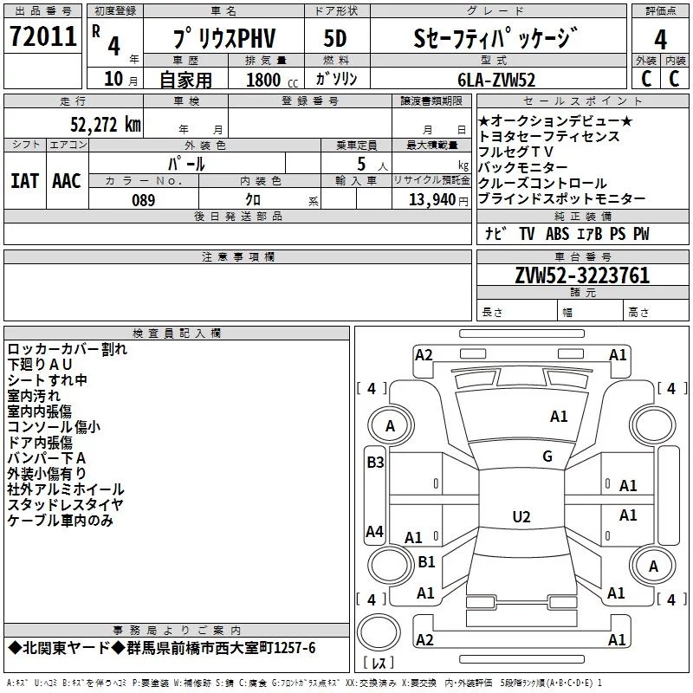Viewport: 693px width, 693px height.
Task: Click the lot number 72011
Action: [x=42, y=36]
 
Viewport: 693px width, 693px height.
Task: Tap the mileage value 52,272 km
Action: [x=106, y=125]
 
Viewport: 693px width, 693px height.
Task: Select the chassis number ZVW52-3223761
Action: [x=582, y=275]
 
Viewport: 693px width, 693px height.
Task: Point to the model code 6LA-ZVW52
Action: [x=496, y=80]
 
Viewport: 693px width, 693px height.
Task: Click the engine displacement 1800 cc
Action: [x=272, y=80]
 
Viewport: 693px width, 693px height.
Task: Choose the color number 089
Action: [x=144, y=200]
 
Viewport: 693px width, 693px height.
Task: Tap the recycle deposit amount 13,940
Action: [x=432, y=199]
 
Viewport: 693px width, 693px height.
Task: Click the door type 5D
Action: [x=335, y=38]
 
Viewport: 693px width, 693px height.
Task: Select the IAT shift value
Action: [x=24, y=181]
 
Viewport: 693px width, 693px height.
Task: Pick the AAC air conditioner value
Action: [x=67, y=181]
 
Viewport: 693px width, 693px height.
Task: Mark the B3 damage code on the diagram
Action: [x=375, y=463]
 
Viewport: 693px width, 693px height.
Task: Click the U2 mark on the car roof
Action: [x=521, y=516]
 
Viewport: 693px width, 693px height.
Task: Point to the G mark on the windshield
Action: [x=547, y=457]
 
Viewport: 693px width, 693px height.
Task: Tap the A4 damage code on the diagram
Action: [x=374, y=531]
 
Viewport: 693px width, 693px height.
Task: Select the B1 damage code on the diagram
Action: [x=426, y=561]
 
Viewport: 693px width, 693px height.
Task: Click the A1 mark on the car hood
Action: [x=559, y=417]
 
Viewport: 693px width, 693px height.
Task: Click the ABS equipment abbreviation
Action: [x=557, y=234]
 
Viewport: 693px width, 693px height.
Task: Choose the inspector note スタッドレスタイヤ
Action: [x=66, y=505]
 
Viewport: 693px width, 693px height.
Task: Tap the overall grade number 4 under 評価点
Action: [x=660, y=40]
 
